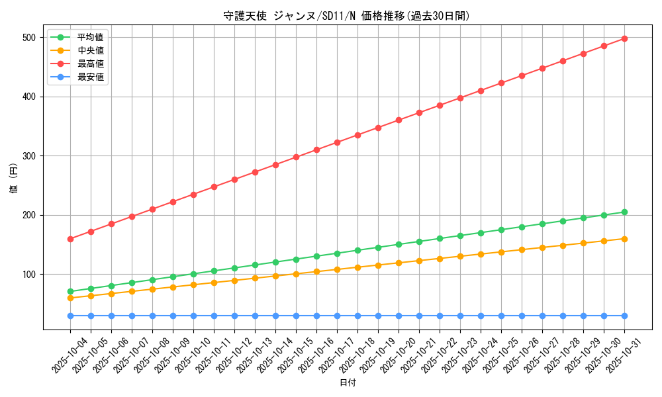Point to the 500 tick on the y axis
point(30,38)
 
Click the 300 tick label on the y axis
point(30,156)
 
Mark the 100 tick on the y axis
point(30,275)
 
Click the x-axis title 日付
point(347,383)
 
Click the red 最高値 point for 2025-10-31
point(624,38)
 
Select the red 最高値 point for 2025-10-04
point(70,239)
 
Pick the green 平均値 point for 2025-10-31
point(624,212)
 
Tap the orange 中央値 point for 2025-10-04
point(70,298)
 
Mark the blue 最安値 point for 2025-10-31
point(624,316)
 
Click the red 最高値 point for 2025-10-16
point(316,150)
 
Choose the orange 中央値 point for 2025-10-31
point(624,239)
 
